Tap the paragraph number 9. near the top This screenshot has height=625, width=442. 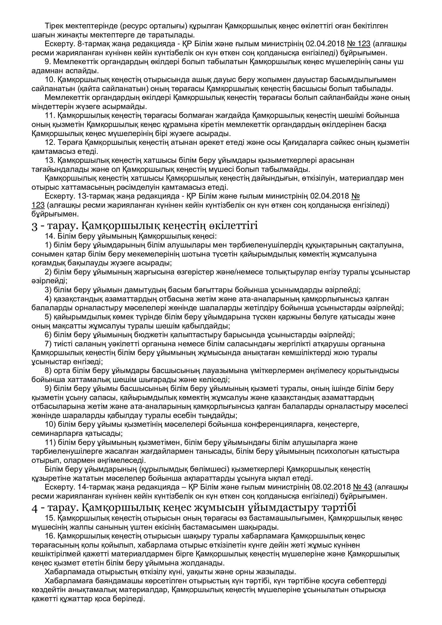click(x=48, y=62)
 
